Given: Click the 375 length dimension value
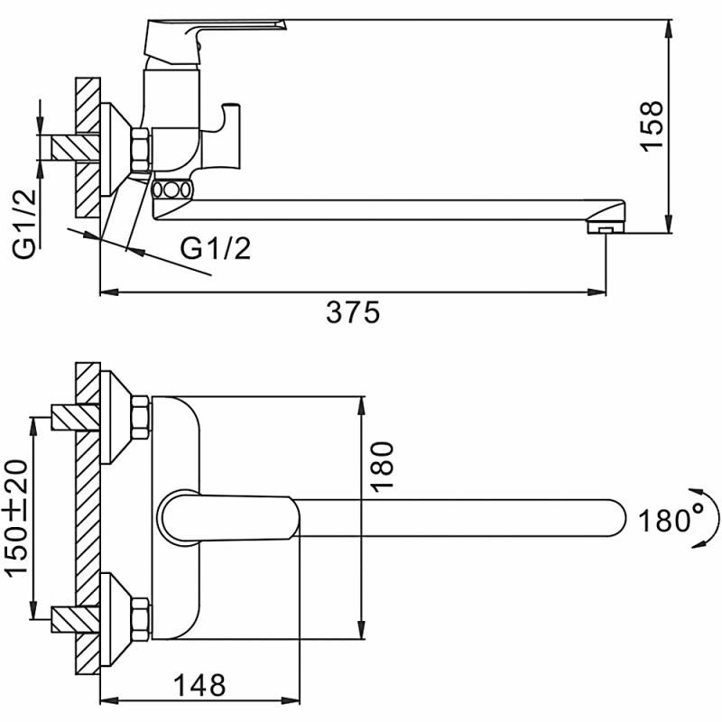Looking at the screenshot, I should click(x=354, y=312).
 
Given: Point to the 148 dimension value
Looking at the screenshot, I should click(x=197, y=685).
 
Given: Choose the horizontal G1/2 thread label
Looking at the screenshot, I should click(x=215, y=247).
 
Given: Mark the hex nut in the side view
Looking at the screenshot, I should click(x=142, y=150).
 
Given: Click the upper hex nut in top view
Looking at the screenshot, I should click(x=142, y=418).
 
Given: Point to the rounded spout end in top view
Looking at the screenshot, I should click(x=614, y=518).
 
